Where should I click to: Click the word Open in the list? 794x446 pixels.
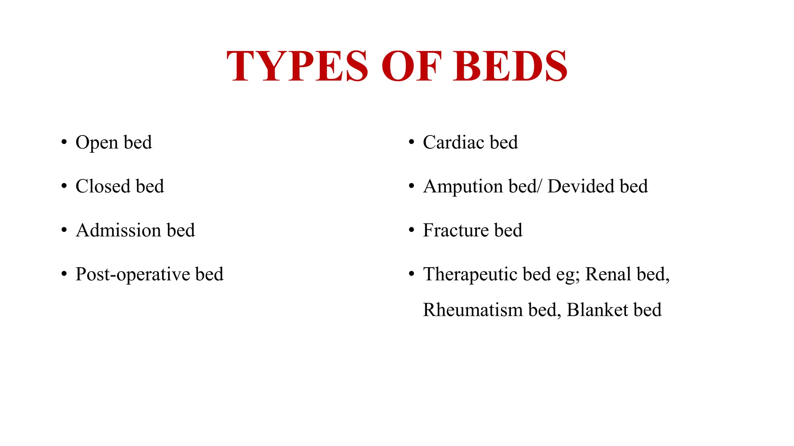pos(97,142)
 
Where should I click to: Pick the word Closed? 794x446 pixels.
pos(103,186)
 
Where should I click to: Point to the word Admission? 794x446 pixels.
pos(118,230)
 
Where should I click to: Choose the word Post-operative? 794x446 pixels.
pos(133,274)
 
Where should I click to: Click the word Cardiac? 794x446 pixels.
pos(453,142)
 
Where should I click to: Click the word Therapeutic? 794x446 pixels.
pos(470,274)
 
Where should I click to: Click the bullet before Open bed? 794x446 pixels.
pos(64,142)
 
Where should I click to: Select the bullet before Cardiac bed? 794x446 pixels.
pos(411,142)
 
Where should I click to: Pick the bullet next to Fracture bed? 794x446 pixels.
pos(411,230)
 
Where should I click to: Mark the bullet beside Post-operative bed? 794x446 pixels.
pos(64,274)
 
